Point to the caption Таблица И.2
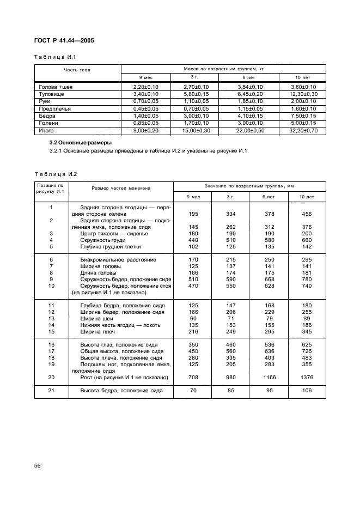pos(56,174)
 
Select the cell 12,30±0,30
pos(302,94)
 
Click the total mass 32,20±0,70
pos(302,131)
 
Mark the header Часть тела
pos(77,70)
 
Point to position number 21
pos(51,390)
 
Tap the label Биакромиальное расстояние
pos(118,260)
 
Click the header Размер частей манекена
pos(121,187)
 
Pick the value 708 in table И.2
pos(192,378)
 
